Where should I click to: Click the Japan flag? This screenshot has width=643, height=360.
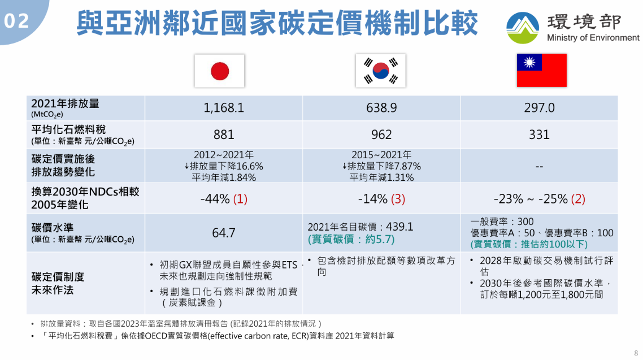[x=219, y=71]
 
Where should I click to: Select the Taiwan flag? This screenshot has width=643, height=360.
[x=541, y=70]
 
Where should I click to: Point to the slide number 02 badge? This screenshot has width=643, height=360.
[x=17, y=21]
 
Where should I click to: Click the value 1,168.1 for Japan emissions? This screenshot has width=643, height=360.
[x=224, y=108]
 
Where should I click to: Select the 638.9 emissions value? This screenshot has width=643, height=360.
[x=381, y=108]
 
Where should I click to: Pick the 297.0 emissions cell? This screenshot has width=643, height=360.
[x=539, y=108]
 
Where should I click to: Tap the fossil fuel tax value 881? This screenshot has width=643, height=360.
[x=224, y=135]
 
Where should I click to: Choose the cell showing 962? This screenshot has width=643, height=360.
[x=381, y=135]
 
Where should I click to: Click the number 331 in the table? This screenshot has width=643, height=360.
[x=539, y=135]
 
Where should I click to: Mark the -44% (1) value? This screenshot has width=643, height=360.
[x=224, y=199]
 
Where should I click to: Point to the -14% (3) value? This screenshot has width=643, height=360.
[x=381, y=199]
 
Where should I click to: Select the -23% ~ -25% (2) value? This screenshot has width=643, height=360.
[x=539, y=199]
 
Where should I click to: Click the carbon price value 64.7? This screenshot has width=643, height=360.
[x=224, y=233]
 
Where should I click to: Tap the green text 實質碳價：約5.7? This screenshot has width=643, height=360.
[x=351, y=240]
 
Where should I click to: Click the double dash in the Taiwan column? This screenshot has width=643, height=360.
[x=539, y=167]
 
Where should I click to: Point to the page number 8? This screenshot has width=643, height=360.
[x=636, y=352]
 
